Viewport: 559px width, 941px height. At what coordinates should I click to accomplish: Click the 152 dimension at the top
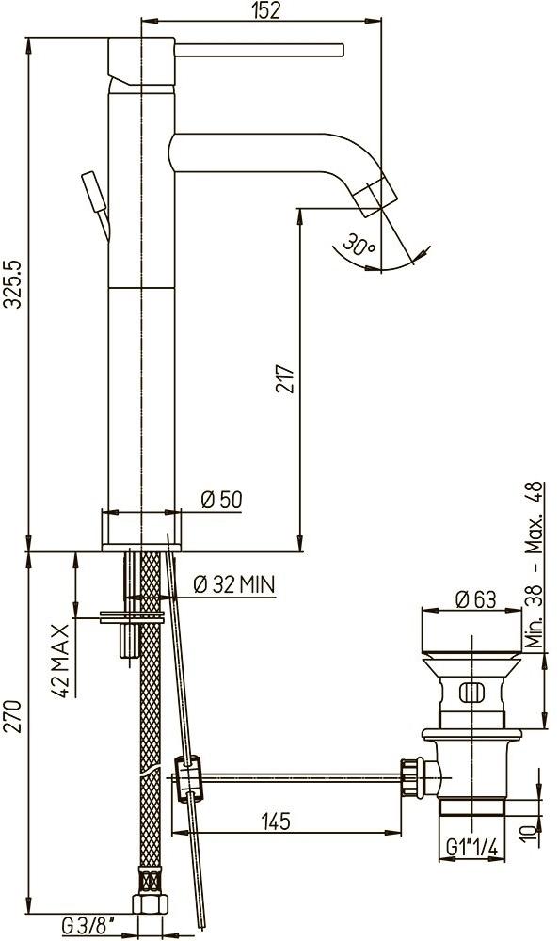point(266,10)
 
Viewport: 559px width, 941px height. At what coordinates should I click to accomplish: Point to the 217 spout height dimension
point(285,378)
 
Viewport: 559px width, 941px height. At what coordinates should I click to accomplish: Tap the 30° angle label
point(359,245)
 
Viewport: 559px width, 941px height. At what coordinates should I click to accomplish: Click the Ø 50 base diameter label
point(222,500)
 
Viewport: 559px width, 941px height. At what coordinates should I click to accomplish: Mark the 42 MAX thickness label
point(60,661)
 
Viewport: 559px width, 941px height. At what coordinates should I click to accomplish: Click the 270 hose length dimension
point(13,716)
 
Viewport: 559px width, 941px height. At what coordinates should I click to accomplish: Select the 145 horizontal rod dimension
point(276,821)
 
